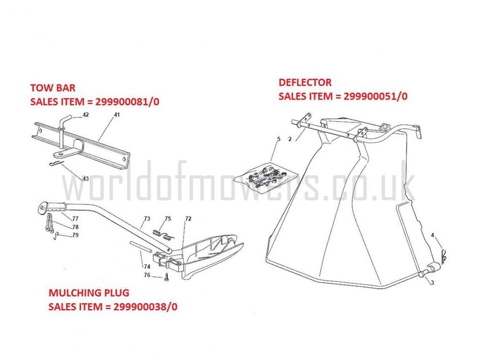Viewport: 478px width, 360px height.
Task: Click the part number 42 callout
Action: (x=86, y=115)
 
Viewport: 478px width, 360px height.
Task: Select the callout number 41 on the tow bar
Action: (x=117, y=115)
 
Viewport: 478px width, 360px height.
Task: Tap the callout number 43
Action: (x=86, y=178)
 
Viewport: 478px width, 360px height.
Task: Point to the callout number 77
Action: (x=76, y=218)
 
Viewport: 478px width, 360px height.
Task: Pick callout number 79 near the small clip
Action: (x=76, y=235)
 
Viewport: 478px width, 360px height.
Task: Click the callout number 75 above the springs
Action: (x=168, y=218)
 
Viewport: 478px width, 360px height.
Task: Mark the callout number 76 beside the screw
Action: (x=147, y=275)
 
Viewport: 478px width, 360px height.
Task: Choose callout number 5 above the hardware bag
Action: (x=279, y=139)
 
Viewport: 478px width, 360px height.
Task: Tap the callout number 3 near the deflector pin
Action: (x=432, y=283)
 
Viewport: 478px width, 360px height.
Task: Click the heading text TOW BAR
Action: (x=53, y=88)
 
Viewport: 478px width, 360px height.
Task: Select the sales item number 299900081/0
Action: (x=128, y=101)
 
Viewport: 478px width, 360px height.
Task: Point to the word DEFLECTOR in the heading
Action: (x=305, y=82)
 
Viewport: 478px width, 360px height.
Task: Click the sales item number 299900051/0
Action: (x=376, y=96)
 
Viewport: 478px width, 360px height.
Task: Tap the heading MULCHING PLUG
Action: (x=89, y=293)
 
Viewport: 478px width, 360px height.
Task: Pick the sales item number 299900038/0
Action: (x=145, y=306)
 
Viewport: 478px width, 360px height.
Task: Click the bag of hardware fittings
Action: (x=265, y=177)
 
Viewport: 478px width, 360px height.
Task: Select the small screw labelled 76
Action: (x=166, y=277)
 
